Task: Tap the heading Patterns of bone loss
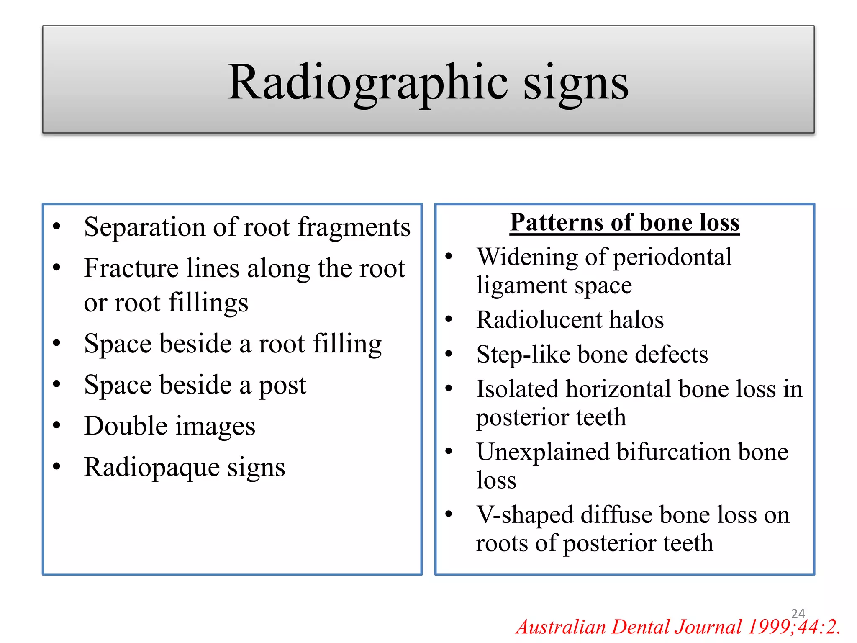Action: click(624, 222)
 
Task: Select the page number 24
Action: click(798, 613)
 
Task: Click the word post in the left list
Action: click(282, 386)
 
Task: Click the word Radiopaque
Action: click(151, 468)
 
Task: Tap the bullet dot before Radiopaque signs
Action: click(57, 466)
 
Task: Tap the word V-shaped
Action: click(525, 515)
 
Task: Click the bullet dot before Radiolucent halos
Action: click(449, 319)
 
